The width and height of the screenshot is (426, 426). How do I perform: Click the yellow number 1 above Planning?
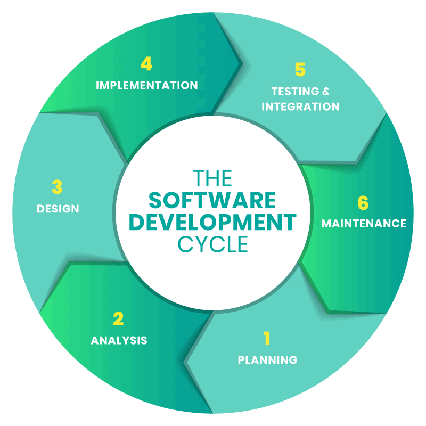click(x=267, y=338)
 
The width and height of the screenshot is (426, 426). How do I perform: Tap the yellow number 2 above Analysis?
click(x=118, y=318)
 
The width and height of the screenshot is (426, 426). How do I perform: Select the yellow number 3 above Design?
click(x=57, y=187)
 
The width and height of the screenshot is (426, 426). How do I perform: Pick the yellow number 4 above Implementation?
click(x=146, y=64)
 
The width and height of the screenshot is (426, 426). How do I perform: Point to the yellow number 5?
click(x=300, y=70)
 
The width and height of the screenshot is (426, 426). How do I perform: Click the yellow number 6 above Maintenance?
click(x=363, y=203)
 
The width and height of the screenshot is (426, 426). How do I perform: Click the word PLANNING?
click(x=267, y=360)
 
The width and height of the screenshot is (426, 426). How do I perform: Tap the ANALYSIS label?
click(x=119, y=340)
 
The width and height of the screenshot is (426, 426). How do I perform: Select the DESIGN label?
click(x=58, y=209)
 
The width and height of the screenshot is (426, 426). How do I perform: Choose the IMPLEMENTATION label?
click(x=146, y=85)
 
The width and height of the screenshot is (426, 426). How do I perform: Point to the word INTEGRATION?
click(x=300, y=106)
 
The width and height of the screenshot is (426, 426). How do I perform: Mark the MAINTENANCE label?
click(x=364, y=223)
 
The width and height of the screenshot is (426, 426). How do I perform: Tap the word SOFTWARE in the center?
click(x=212, y=200)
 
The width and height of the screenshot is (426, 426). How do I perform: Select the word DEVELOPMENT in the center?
click(x=212, y=222)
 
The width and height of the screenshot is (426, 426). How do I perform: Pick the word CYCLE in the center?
click(x=212, y=244)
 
